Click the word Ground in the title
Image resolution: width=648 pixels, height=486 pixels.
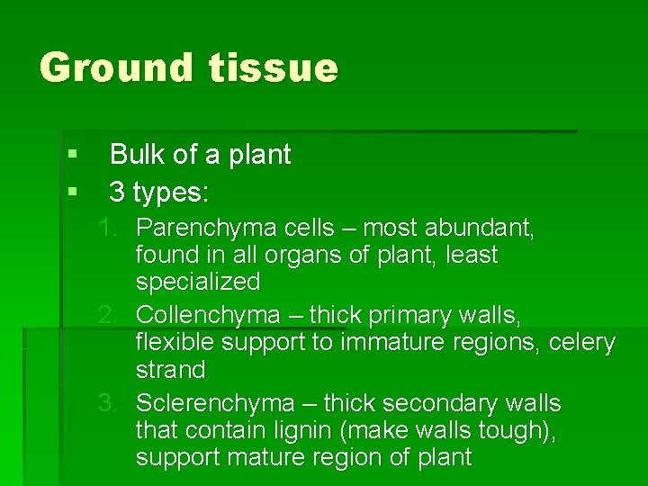[x=116, y=68]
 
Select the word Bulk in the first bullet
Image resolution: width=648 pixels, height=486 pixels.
[x=138, y=155]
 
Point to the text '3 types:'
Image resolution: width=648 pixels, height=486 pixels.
[x=158, y=192]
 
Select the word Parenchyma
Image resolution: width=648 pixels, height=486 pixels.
[x=198, y=229]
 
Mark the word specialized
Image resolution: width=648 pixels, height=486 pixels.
[x=198, y=282]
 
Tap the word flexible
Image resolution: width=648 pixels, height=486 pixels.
[x=175, y=343]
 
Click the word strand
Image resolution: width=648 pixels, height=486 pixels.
[x=171, y=370]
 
